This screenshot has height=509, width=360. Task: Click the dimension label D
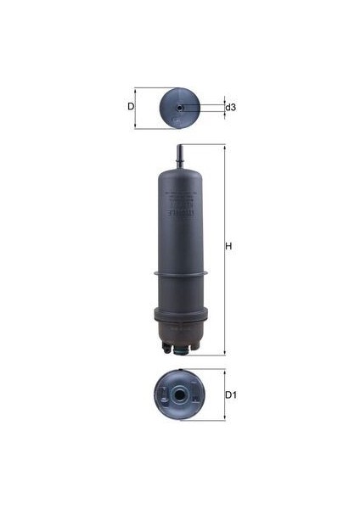pyautogui.click(x=130, y=107)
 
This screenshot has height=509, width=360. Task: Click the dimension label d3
pyautogui.click(x=230, y=108)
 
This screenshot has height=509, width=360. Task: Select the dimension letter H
pyautogui.click(x=228, y=247)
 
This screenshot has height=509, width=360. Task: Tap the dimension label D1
pyautogui.click(x=229, y=395)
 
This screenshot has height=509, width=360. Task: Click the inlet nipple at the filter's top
pyautogui.click(x=180, y=156)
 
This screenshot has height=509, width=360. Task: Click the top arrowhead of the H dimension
pyautogui.click(x=224, y=147)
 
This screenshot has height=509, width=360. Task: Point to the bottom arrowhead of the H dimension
pyautogui.click(x=224, y=352)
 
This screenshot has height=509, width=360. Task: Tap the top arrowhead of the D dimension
pyautogui.click(x=136, y=88)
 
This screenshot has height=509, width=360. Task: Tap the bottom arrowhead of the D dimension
pyautogui.click(x=136, y=127)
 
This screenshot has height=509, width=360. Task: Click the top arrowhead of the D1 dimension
pyautogui.click(x=224, y=371)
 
